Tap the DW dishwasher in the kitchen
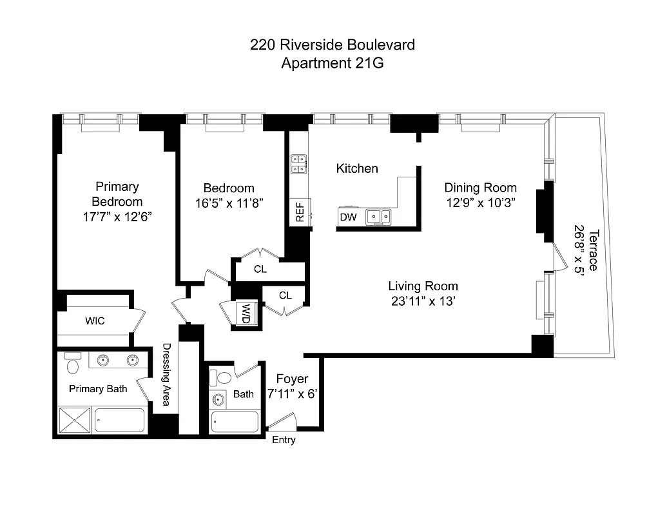pyautogui.click(x=348, y=217)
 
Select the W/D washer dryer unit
pyautogui.click(x=246, y=313)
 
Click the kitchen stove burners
pyautogui.click(x=298, y=164)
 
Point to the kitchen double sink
pyautogui.click(x=378, y=217)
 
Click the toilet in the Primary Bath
pyautogui.click(x=73, y=365)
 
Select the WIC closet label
pyautogui.click(x=95, y=321)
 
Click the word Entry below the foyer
pyautogui.click(x=284, y=440)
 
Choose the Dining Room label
pyautogui.click(x=480, y=188)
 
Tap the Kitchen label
pyautogui.click(x=357, y=168)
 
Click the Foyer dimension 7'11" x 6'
pyautogui.click(x=292, y=393)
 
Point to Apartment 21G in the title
pyautogui.click(x=333, y=63)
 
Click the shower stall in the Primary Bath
pyautogui.click(x=75, y=420)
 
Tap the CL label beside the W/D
pyautogui.click(x=285, y=295)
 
